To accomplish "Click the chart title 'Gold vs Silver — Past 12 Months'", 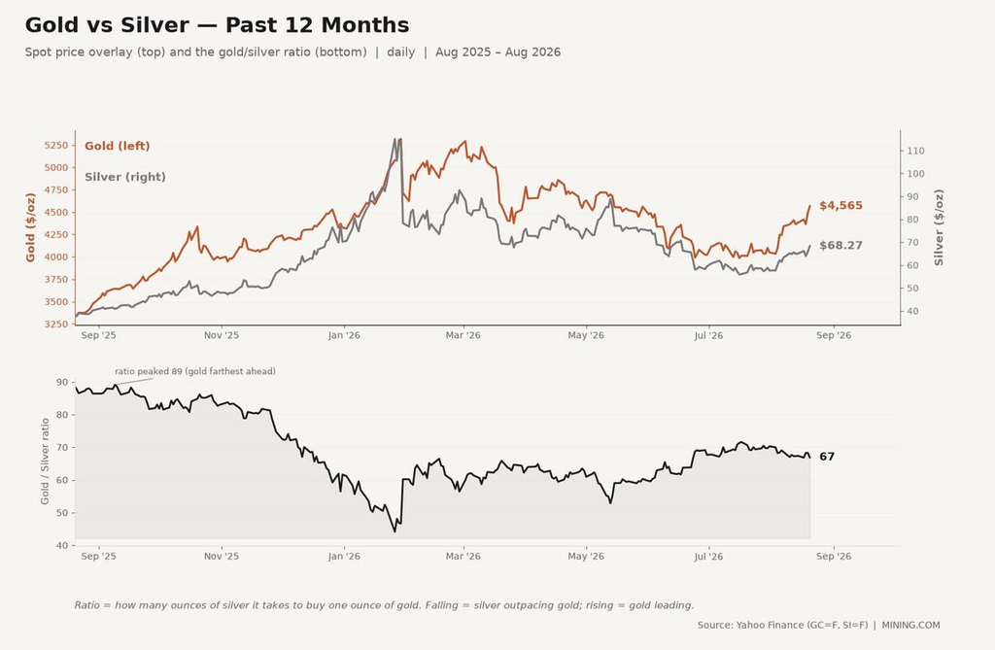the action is coord(217,25).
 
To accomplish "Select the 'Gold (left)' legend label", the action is coord(118,146).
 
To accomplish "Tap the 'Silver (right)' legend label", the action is coord(125,177).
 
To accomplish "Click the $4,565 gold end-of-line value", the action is coord(841,206).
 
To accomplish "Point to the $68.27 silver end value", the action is coord(841,246).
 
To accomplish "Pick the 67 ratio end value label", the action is coord(827,457).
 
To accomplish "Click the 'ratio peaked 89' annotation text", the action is coord(195,371).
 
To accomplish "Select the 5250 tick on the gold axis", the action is coord(55,146).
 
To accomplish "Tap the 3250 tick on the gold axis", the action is coord(55,325).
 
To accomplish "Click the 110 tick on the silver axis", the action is coord(915,151).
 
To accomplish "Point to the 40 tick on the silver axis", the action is coord(912,311).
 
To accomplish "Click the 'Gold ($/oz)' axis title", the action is coord(30,228).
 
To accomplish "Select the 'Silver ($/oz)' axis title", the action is coord(939,228).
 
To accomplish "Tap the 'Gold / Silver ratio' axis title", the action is coord(45,462).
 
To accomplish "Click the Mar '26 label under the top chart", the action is coord(463,335).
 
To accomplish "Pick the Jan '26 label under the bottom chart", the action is coord(344,557).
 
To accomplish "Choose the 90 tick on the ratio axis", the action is coord(62,382).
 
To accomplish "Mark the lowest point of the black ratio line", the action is coord(395,531).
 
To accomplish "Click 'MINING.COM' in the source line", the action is coord(910,626).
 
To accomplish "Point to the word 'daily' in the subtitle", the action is coord(401,52).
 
